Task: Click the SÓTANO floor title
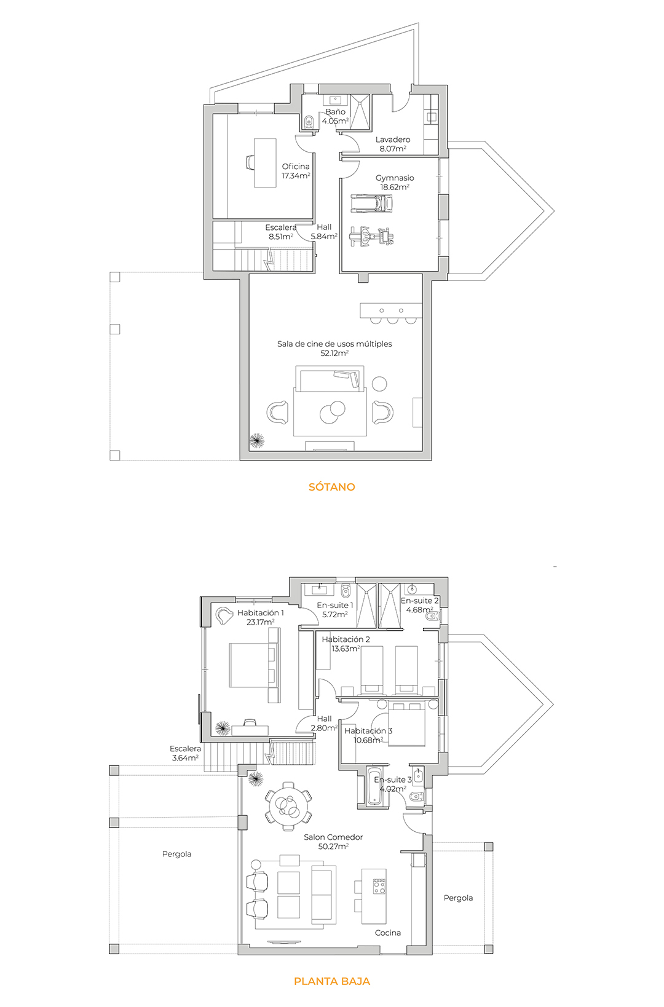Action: click(332, 487)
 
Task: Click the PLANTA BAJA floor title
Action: click(332, 981)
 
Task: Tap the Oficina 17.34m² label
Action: click(295, 172)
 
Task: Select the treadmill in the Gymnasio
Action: click(371, 203)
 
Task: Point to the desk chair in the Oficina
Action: click(250, 162)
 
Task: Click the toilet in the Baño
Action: click(309, 121)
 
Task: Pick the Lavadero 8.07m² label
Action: click(393, 144)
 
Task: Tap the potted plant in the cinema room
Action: click(257, 441)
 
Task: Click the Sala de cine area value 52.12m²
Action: click(334, 353)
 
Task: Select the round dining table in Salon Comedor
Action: click(288, 807)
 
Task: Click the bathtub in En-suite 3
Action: click(373, 787)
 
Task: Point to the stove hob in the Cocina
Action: click(379, 886)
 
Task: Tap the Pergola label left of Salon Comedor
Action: click(176, 854)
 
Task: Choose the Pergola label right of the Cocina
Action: click(458, 898)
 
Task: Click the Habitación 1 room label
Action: click(260, 617)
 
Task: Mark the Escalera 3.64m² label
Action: click(185, 753)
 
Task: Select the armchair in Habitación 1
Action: click(223, 616)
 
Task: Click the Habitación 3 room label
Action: click(368, 735)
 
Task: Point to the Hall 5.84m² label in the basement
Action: click(323, 232)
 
